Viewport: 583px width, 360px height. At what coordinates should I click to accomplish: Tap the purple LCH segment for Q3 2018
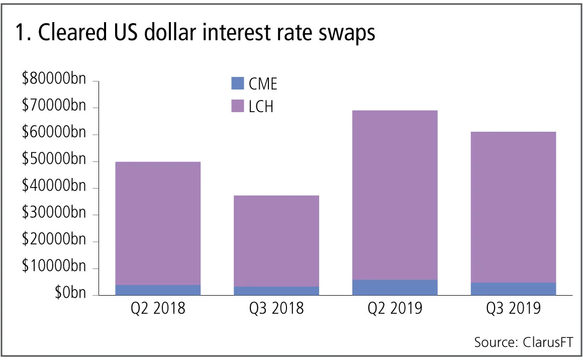(276, 241)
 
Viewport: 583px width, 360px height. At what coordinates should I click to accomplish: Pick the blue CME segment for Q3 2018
(276, 291)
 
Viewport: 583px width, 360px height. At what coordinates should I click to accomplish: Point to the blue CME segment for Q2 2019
(395, 287)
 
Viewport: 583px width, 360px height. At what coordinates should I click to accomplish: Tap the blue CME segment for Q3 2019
(513, 289)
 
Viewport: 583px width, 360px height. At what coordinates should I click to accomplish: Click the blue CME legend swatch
(237, 83)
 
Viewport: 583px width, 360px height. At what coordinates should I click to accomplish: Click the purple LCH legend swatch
(237, 106)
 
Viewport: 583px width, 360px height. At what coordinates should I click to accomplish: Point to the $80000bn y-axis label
(54, 81)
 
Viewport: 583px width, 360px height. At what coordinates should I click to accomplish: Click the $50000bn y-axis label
(54, 161)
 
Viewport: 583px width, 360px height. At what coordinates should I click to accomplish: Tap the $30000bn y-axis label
(54, 215)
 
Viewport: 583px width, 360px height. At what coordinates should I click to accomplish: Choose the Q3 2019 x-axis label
(513, 308)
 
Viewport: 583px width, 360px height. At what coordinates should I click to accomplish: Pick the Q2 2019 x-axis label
(395, 308)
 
